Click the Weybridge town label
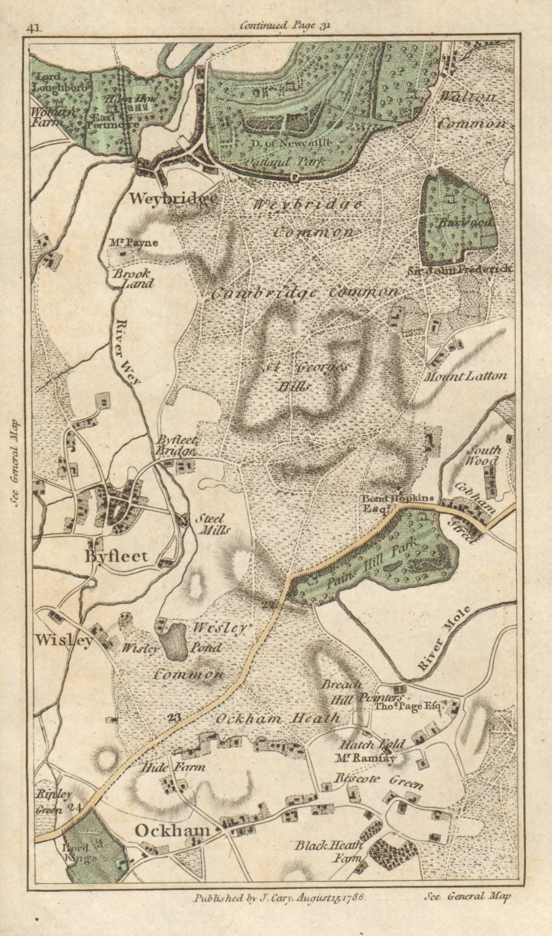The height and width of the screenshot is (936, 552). (172, 199)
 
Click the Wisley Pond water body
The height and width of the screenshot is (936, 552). (174, 641)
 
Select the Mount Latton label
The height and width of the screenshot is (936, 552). (466, 376)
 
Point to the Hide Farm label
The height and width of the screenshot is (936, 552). (172, 766)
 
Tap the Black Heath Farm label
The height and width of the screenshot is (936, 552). (329, 851)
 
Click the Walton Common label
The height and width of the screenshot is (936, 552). (472, 111)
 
